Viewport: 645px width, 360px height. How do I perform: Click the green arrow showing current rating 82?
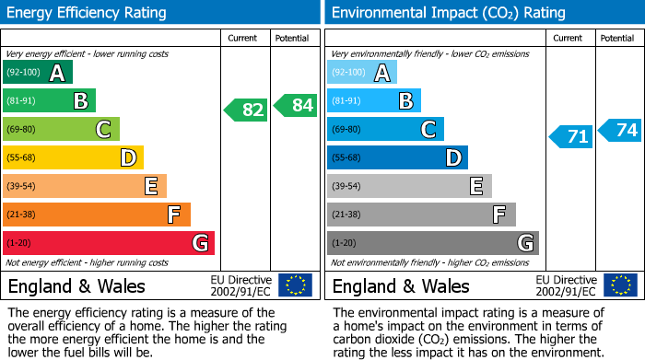click(x=246, y=110)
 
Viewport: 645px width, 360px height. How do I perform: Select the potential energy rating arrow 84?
click(x=296, y=105)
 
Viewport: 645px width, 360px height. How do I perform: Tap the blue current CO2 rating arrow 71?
click(x=571, y=137)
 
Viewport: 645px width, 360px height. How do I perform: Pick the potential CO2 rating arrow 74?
click(x=620, y=130)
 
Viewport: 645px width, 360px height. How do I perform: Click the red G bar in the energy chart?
click(x=109, y=243)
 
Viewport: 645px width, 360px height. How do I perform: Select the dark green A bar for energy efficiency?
click(x=37, y=73)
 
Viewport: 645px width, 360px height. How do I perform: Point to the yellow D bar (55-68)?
click(x=73, y=157)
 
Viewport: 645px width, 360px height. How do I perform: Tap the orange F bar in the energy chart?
click(x=97, y=215)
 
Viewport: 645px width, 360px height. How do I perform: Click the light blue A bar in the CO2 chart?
click(x=362, y=73)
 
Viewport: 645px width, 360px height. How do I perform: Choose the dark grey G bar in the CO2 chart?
click(x=432, y=243)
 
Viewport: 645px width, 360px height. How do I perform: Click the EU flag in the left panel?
click(x=295, y=285)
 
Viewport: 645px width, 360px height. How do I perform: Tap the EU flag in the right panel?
click(x=619, y=285)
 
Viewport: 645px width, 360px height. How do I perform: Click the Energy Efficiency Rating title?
click(x=88, y=13)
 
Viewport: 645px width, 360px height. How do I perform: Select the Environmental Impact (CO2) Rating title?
click(x=447, y=13)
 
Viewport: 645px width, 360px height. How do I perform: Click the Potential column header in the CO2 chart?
click(x=617, y=38)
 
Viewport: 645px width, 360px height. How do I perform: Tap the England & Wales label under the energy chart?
click(x=76, y=285)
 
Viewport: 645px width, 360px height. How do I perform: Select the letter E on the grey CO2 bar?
click(x=475, y=186)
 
